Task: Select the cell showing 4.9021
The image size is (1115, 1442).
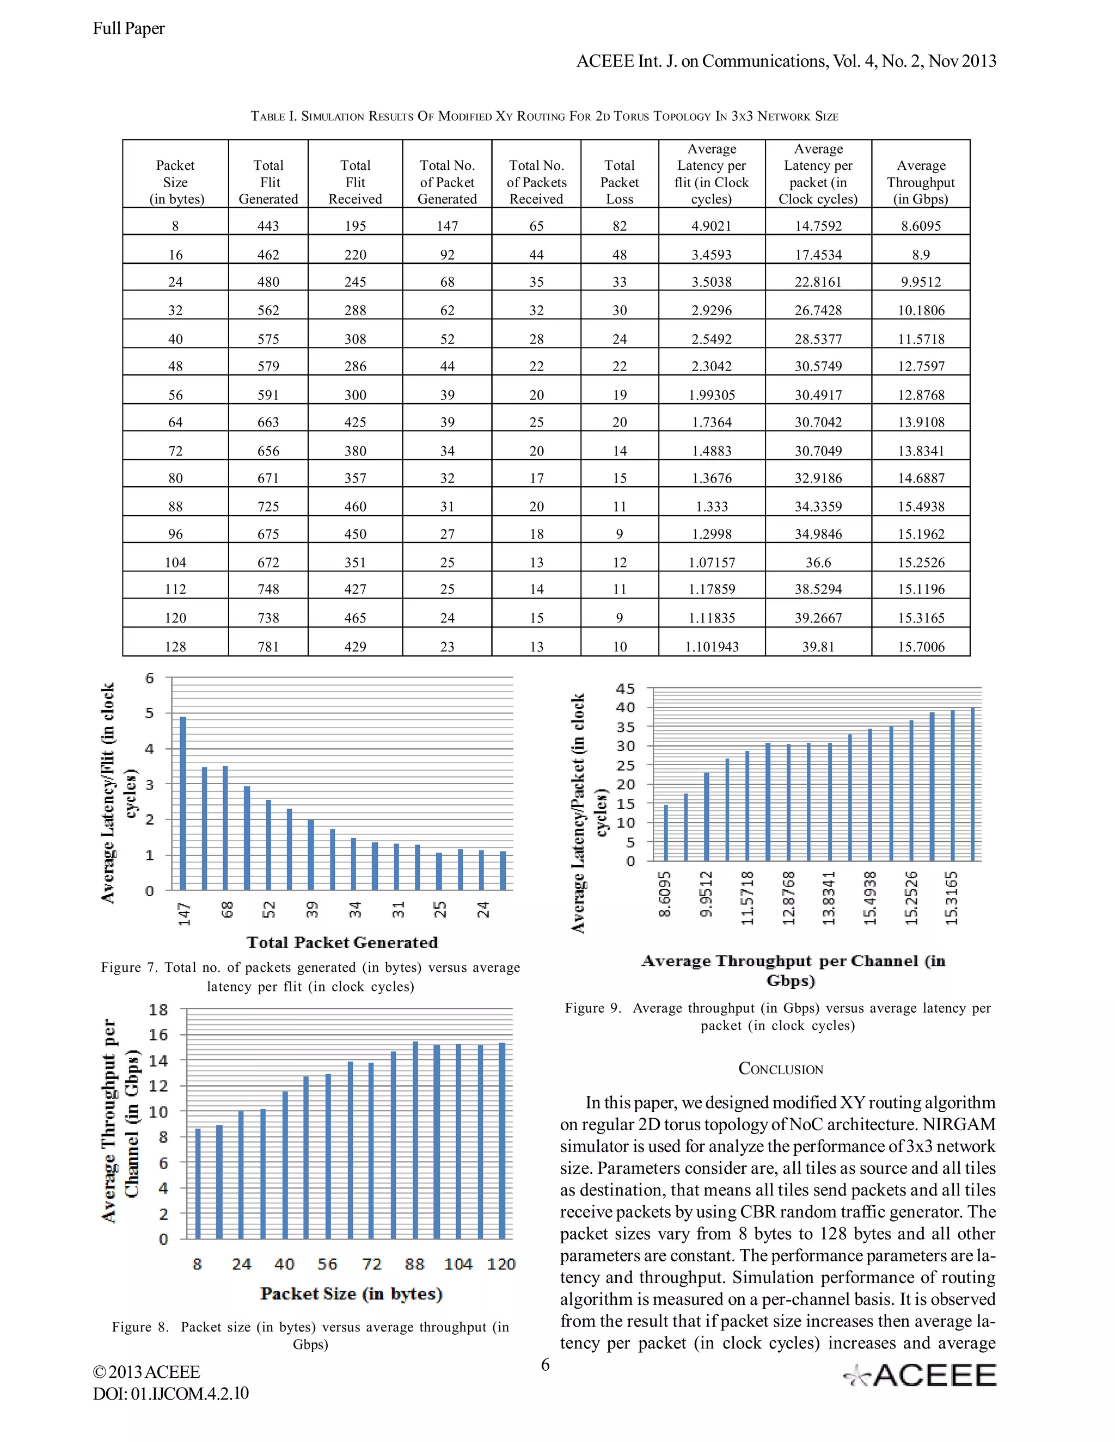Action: (x=712, y=226)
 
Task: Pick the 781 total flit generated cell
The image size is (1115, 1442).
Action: (x=268, y=646)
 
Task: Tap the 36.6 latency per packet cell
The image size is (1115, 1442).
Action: (x=818, y=562)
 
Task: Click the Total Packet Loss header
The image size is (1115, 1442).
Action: (x=619, y=182)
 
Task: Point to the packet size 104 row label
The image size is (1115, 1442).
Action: (x=175, y=562)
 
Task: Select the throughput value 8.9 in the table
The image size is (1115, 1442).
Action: (x=920, y=255)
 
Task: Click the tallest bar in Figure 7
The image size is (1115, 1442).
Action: (x=183, y=803)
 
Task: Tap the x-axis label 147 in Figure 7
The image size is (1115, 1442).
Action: (x=185, y=914)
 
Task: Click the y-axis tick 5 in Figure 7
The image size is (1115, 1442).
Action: (x=150, y=713)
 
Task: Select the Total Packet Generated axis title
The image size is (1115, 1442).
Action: (x=342, y=942)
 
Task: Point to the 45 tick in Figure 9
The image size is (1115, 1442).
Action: (x=625, y=689)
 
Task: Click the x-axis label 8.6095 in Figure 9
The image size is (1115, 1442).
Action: (x=665, y=895)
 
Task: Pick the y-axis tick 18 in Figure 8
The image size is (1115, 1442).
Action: (x=158, y=1009)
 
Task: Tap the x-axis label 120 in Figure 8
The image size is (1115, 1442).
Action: (x=501, y=1264)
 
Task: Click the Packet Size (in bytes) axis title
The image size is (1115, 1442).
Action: (x=351, y=1293)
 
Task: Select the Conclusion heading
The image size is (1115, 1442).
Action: (x=780, y=1069)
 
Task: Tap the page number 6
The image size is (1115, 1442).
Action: (x=545, y=1365)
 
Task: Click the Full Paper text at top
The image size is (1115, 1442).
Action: (x=129, y=28)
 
